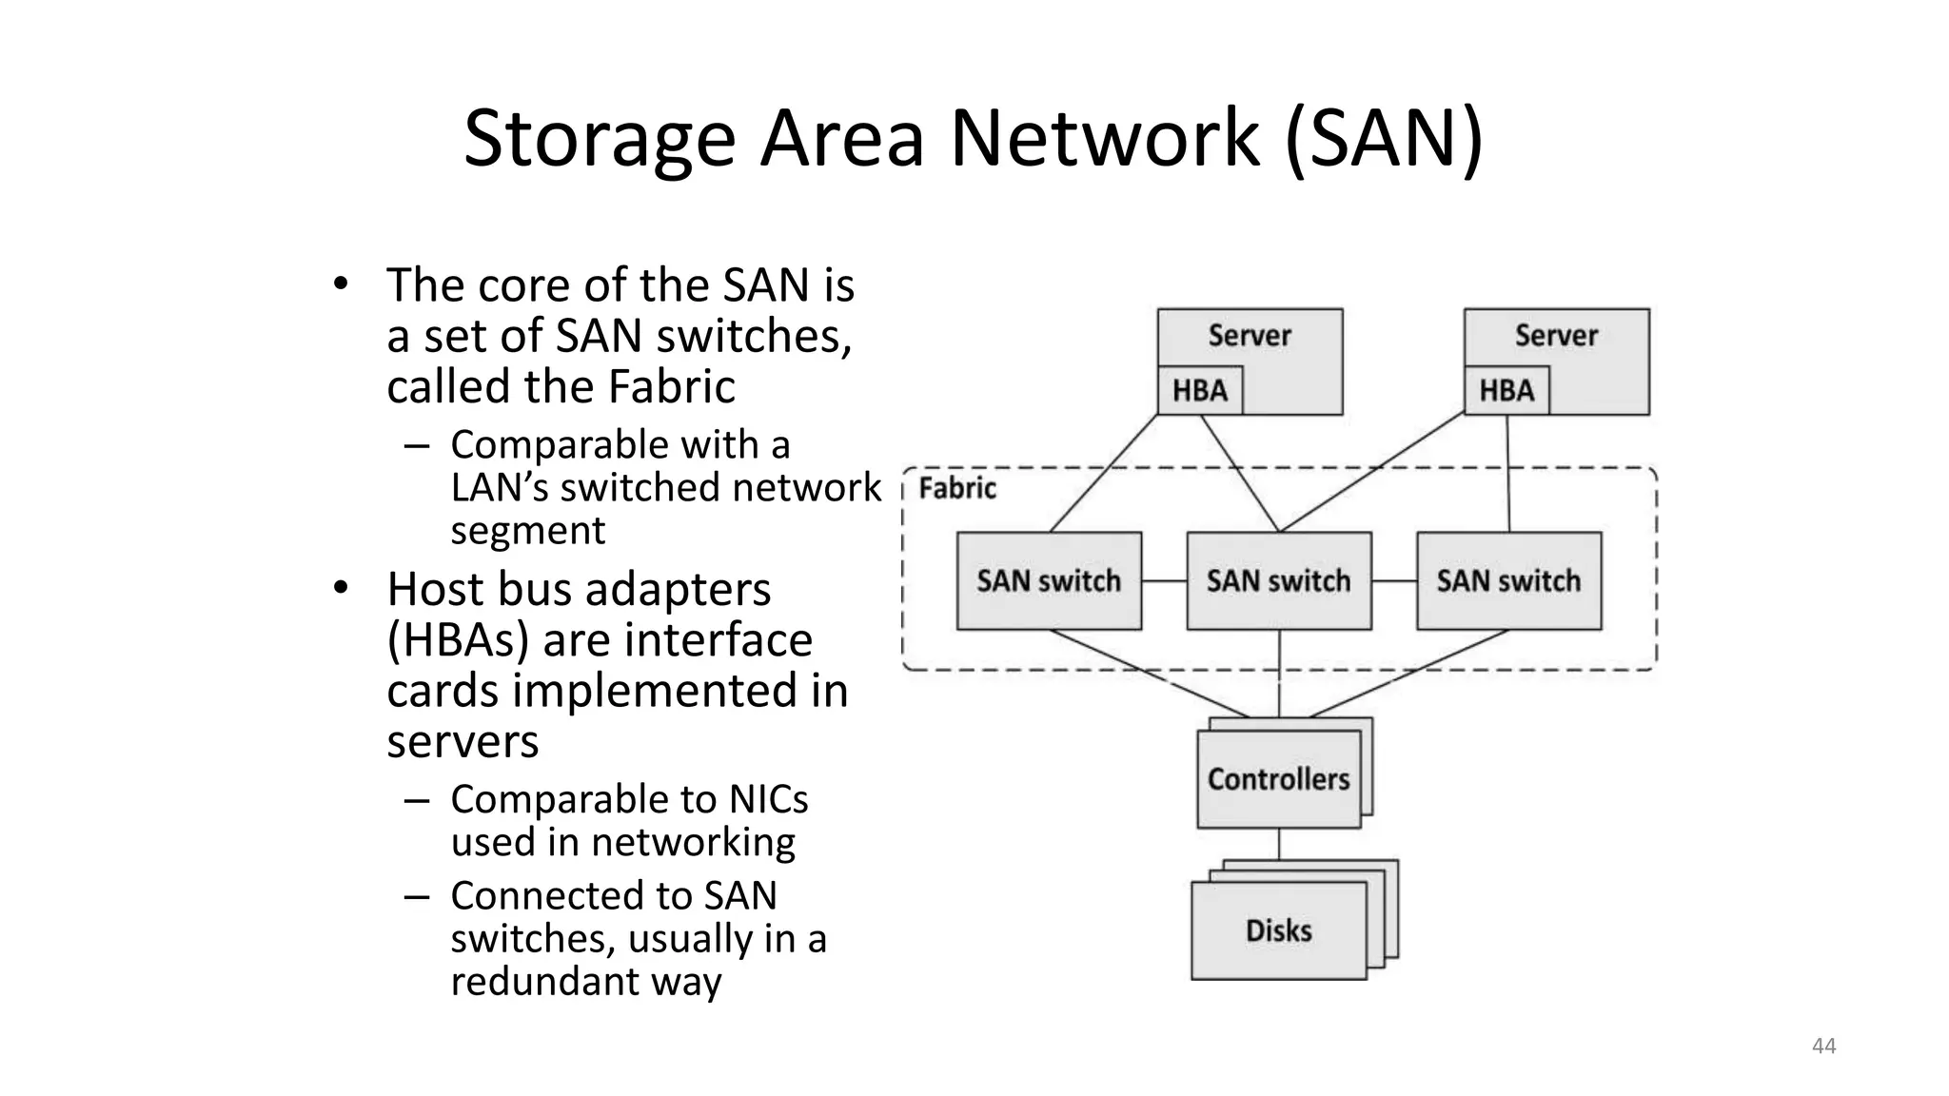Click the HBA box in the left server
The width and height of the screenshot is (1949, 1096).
[1199, 391]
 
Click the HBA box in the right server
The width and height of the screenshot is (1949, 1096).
[1506, 391]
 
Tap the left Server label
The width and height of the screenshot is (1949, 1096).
[1249, 336]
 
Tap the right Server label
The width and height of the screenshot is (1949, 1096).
[1556, 336]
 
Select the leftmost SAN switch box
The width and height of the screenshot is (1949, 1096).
[1049, 581]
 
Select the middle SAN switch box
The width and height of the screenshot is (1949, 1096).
[1278, 581]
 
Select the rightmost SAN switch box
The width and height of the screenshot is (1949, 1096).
[1508, 581]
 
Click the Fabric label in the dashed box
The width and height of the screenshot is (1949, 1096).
[957, 489]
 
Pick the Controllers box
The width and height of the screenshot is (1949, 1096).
[1278, 779]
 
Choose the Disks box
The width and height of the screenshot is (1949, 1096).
[1278, 930]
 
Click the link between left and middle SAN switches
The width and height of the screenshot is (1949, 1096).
[1164, 581]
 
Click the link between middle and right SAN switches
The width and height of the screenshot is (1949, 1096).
[1394, 581]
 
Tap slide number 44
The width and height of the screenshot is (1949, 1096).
[1823, 1047]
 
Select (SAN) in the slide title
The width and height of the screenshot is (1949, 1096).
[1384, 139]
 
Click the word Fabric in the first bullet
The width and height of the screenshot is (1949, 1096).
[671, 387]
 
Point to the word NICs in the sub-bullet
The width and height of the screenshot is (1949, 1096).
[768, 799]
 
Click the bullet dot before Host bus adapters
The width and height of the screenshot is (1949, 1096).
[341, 589]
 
